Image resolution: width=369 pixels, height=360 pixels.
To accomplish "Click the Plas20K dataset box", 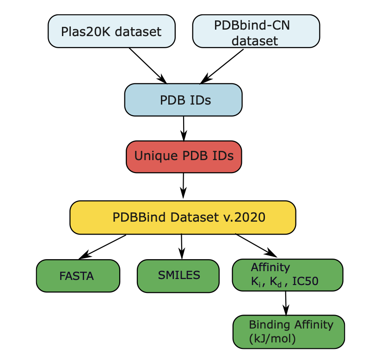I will [x=111, y=31].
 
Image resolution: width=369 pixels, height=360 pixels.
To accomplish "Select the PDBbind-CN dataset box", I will [x=256, y=31].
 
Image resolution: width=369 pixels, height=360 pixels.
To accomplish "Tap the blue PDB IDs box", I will [x=183, y=100].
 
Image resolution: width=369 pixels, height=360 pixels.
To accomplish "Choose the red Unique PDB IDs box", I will [x=184, y=156].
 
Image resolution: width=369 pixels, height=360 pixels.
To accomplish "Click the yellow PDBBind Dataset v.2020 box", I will [x=183, y=217].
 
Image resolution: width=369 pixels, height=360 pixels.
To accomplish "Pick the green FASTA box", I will [x=78, y=276].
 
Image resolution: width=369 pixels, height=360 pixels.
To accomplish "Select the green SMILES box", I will [x=178, y=276].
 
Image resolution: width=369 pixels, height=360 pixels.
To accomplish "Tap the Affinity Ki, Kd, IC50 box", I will [x=287, y=275].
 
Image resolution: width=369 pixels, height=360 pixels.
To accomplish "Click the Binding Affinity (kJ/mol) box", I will [x=289, y=332].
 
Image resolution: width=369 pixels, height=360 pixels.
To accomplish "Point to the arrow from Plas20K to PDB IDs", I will [x=148, y=65].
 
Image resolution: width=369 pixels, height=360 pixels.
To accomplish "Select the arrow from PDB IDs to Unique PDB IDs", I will [x=184, y=128].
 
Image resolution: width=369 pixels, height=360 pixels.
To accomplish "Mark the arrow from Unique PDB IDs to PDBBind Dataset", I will [x=184, y=186].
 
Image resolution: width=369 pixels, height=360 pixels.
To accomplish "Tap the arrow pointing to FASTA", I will [x=103, y=247].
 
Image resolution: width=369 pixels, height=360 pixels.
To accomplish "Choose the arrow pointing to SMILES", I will [x=182, y=246].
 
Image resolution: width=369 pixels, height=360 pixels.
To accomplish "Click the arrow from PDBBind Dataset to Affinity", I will [x=256, y=245].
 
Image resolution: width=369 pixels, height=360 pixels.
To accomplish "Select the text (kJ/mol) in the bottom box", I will [x=272, y=338].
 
